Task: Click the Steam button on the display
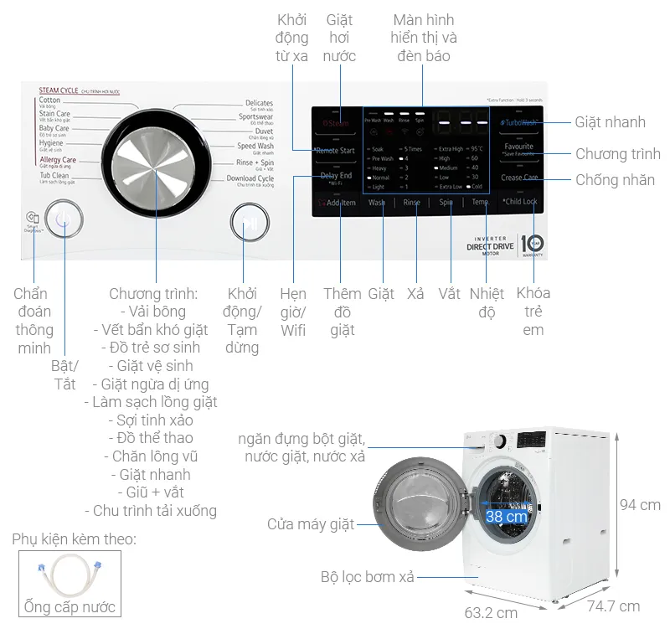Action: [x=336, y=123]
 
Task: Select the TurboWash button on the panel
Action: [x=519, y=122]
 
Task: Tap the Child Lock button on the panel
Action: [x=519, y=202]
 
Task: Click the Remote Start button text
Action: [x=334, y=151]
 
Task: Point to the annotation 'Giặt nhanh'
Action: [x=610, y=122]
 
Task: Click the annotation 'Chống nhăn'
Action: [x=615, y=180]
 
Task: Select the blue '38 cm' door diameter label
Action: [x=506, y=517]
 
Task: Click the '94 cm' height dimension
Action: [x=639, y=505]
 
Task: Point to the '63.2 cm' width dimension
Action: [x=491, y=613]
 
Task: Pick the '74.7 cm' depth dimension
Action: [x=613, y=606]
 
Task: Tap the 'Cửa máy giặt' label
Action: [x=311, y=525]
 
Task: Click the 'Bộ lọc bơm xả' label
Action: [x=367, y=577]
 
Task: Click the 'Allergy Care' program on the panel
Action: [x=58, y=160]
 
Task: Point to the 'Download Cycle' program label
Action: [x=250, y=179]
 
